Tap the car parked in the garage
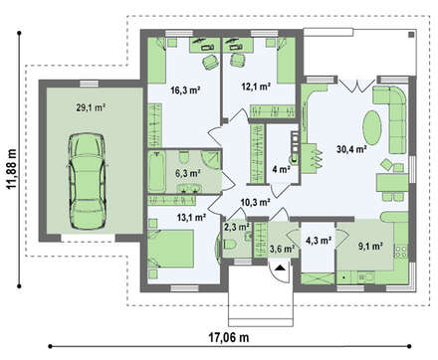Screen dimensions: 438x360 point(88,181)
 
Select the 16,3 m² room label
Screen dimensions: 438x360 point(185,90)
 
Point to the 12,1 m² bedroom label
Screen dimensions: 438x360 point(256,87)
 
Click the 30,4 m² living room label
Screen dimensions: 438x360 point(351,149)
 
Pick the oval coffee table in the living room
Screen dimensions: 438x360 point(372,127)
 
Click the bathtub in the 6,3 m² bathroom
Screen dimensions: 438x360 point(156,171)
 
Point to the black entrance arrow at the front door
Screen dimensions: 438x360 point(281,268)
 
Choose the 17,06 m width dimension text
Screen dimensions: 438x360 point(229,338)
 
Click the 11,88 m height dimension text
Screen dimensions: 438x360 point(12,169)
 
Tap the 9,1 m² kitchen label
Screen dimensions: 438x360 point(371,246)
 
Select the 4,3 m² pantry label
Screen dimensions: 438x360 point(319,241)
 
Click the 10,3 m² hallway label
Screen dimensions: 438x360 point(255,202)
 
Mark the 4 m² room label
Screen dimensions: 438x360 point(281,170)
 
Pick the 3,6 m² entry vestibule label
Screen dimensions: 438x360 point(283,249)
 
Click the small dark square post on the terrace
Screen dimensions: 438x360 point(411,34)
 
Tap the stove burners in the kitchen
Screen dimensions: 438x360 point(401,251)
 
